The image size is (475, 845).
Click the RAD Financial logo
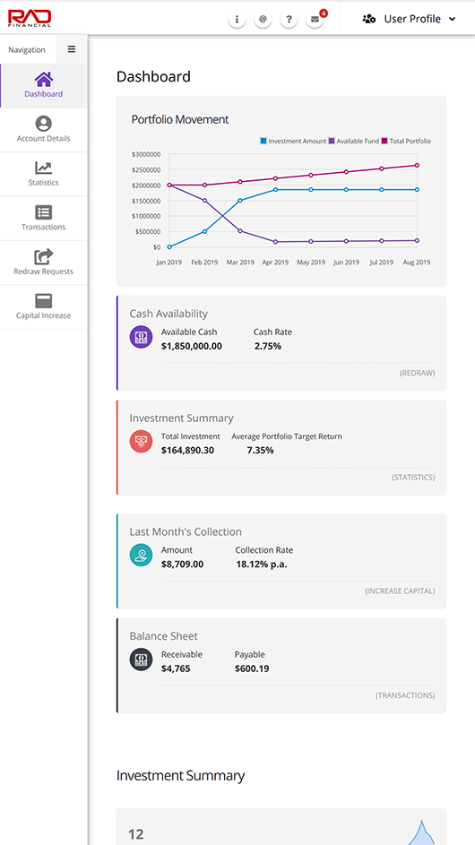pos(30,18)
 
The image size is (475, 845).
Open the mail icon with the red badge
pos(315,20)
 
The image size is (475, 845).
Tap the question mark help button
pos(289,20)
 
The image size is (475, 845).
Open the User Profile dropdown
pos(410,19)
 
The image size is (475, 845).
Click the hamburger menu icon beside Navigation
pos(71,49)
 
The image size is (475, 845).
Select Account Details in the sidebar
pos(43,130)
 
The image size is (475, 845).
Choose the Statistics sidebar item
pos(43,174)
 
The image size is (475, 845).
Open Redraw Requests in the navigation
pos(43,263)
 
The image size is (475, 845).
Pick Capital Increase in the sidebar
pos(43,307)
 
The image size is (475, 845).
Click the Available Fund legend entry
pos(354,142)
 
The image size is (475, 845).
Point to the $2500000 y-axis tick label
pos(146,169)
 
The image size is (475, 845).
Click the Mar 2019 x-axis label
pos(240,263)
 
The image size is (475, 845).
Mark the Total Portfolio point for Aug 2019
pos(417,166)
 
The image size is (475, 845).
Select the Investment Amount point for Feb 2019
pos(205,232)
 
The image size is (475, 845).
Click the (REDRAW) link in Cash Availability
pos(417,373)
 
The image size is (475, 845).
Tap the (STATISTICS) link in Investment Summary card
pos(413,478)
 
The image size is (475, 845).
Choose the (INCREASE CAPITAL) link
pos(400,591)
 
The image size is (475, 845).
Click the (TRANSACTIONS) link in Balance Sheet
pos(405,695)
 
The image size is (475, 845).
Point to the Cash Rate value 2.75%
pos(268,346)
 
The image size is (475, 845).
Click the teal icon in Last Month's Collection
pos(141,555)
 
